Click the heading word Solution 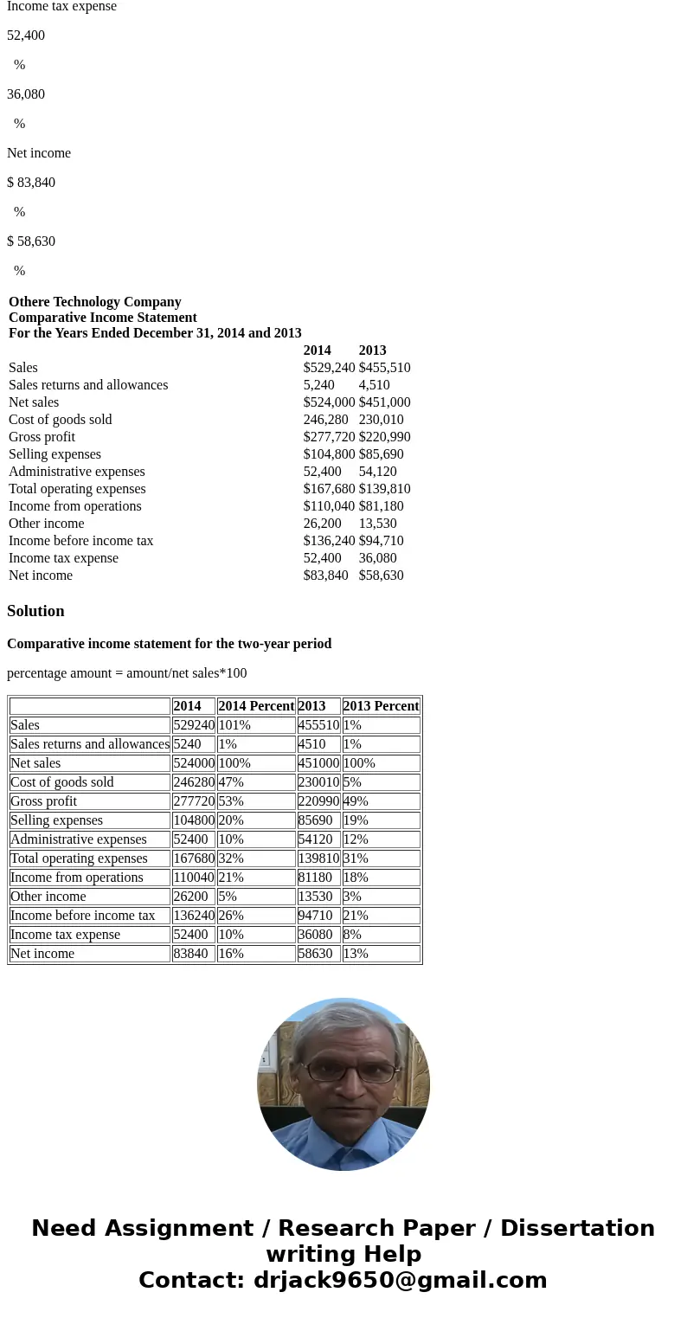coord(35,611)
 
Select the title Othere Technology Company coord(94,302)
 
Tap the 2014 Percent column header coord(256,706)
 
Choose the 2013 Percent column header coord(381,706)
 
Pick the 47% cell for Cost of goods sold coord(231,782)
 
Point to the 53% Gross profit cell coord(231,801)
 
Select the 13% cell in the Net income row coord(356,954)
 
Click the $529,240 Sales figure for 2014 coord(329,368)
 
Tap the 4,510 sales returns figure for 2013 coord(374,385)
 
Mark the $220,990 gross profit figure coord(384,437)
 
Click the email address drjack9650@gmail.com coord(400,1281)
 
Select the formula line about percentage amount coord(126,673)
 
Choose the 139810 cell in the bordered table coord(318,858)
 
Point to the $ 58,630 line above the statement coord(31,241)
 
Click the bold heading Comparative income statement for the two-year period coord(169,644)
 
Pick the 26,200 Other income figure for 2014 coord(322,524)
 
